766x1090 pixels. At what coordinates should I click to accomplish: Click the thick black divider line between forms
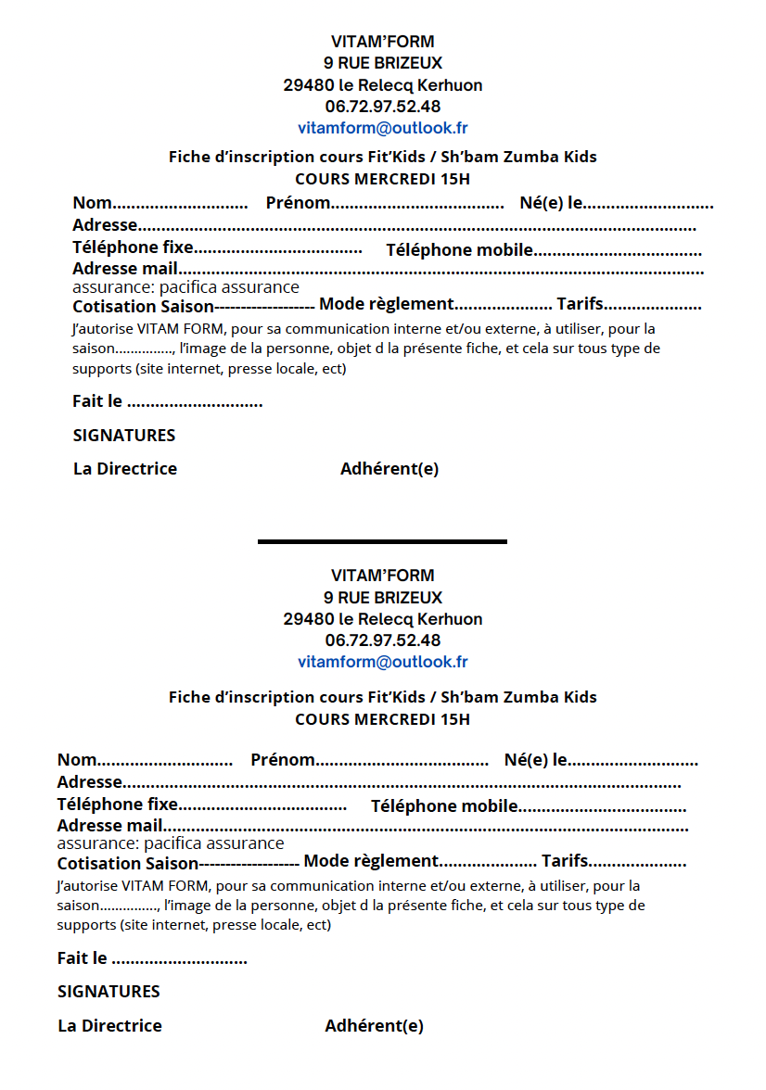pos(382,541)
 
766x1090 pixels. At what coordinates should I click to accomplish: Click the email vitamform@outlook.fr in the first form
pos(382,128)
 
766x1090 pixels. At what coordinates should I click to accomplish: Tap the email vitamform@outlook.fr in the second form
pos(382,662)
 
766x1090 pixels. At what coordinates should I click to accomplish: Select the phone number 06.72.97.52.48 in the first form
pos(382,107)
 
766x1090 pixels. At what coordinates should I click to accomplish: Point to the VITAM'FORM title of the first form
pos(382,42)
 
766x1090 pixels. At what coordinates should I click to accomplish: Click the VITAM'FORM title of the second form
pos(382,576)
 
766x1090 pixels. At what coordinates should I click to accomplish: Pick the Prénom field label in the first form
pos(298,203)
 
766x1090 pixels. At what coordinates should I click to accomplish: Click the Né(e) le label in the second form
pos(536,760)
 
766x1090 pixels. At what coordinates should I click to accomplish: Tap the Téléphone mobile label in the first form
pos(459,250)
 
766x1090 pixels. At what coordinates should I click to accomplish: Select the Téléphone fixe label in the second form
pos(118,804)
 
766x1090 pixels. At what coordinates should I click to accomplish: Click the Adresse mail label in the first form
pos(125,269)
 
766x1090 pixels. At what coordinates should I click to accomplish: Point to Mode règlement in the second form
pos(371,861)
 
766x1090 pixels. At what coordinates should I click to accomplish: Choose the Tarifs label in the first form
pos(580,304)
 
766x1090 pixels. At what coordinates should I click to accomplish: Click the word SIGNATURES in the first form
pos(123,436)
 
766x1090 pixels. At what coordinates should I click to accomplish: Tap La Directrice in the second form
pos(109,1026)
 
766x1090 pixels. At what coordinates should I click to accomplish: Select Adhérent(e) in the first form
pos(389,469)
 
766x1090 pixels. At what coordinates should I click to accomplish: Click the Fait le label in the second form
pos(82,958)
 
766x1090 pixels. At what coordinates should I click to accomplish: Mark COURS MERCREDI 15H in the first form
pos(382,179)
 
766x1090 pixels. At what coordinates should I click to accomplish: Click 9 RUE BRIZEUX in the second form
pos(382,598)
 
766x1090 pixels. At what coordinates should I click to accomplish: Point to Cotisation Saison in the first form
pos(143,307)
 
